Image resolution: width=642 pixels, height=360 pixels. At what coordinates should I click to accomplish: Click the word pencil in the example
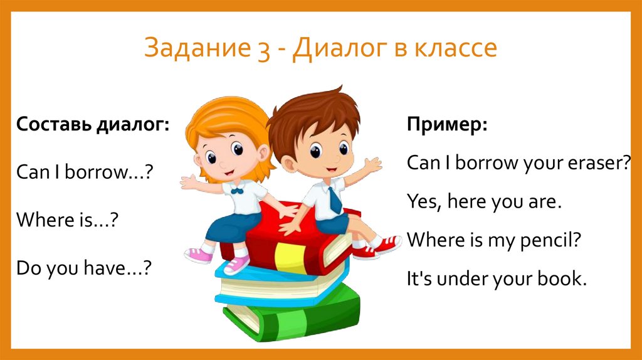[x=542, y=240]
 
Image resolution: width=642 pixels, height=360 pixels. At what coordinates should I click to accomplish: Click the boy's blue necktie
[x=335, y=199]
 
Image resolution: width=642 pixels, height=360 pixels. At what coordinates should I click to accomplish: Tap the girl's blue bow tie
[x=236, y=190]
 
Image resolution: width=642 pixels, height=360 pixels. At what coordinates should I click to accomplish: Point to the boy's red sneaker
[x=378, y=246]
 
